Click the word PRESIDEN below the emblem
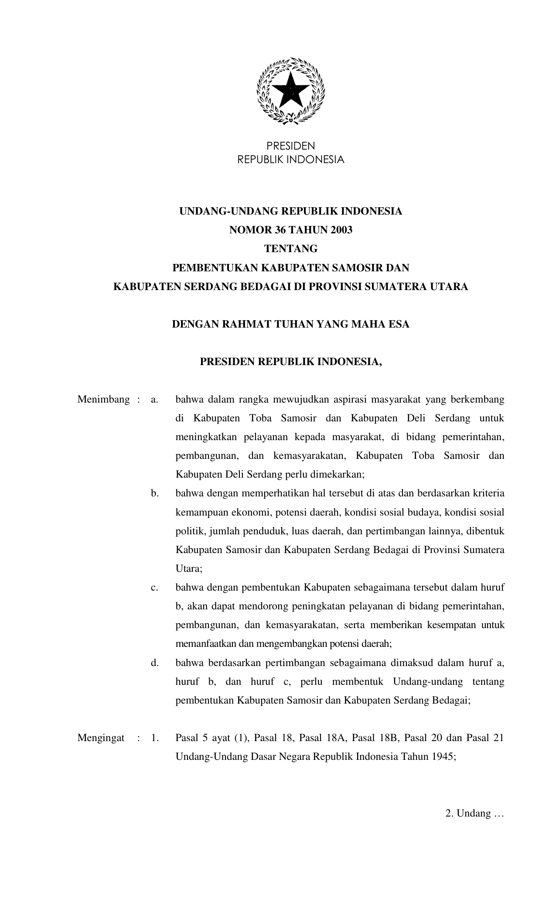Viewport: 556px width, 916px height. pos(290,146)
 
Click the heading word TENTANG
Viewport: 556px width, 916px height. pos(291,249)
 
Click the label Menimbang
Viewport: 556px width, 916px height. pos(103,400)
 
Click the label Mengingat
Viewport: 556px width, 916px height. pos(101,738)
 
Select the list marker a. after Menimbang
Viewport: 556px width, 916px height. pos(154,400)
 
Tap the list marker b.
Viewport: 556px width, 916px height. pos(154,493)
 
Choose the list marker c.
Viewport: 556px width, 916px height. pos(154,588)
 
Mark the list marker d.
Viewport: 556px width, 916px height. pos(154,663)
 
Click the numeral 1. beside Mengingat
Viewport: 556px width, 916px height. pos(154,738)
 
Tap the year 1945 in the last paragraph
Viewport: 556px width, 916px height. pos(443,757)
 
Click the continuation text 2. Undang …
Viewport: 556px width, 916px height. pos(474,814)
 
